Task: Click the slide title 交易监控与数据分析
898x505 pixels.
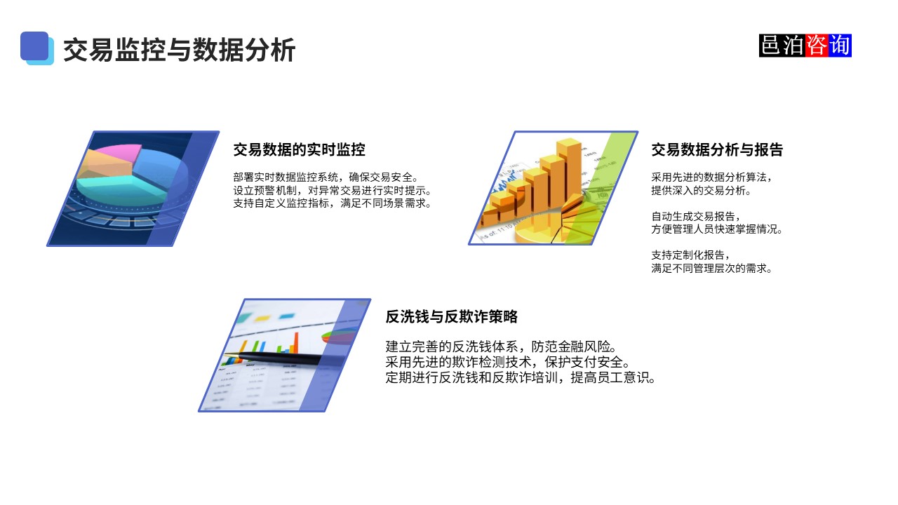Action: (179, 50)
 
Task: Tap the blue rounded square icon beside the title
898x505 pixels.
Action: (36, 47)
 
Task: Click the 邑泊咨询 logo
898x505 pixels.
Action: (805, 46)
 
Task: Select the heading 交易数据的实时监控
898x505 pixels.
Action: (299, 149)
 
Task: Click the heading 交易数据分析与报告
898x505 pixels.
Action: (716, 149)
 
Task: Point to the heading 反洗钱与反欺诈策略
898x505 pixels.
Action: (451, 316)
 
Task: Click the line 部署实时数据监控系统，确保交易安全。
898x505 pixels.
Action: (326, 177)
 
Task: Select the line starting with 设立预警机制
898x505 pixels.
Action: (331, 190)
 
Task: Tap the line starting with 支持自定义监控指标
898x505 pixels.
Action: (331, 203)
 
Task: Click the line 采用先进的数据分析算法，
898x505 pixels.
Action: (711, 177)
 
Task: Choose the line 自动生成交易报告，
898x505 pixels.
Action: (695, 216)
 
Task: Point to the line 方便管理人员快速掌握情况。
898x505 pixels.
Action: (716, 229)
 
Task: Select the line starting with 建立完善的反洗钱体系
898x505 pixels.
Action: (501, 346)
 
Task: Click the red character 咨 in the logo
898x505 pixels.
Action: (817, 46)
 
